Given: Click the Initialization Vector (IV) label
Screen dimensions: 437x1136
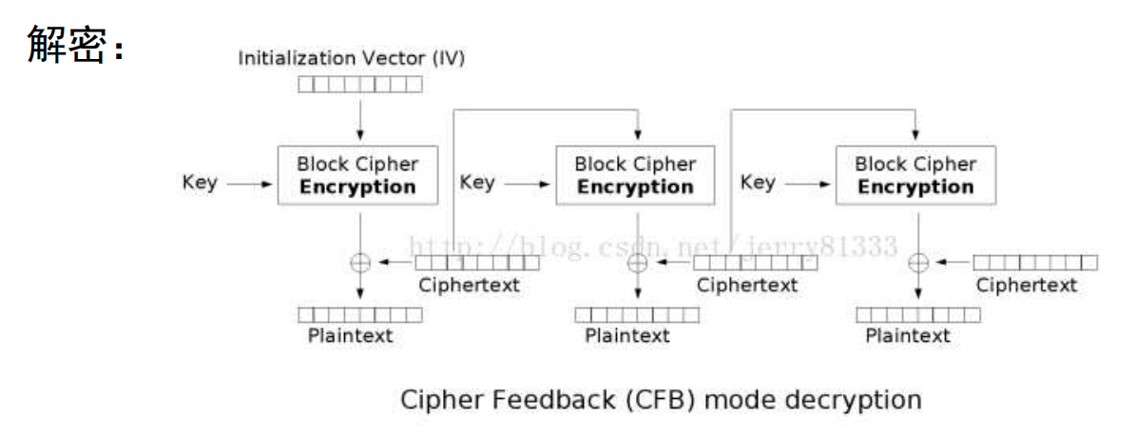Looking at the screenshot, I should click(x=351, y=58).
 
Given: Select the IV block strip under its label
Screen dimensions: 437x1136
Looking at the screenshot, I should click(x=359, y=85).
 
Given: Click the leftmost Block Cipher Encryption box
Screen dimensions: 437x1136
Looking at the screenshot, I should click(x=357, y=175).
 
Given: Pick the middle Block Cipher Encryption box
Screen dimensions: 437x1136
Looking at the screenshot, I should click(x=635, y=175).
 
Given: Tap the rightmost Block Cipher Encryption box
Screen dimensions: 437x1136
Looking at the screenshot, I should click(x=915, y=175).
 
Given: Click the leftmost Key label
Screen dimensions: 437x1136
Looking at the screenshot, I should click(x=200, y=183).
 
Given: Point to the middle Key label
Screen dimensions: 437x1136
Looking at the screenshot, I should click(x=477, y=181).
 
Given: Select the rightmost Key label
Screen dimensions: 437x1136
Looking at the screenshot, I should click(x=757, y=181).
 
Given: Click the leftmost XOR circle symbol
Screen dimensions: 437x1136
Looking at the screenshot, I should click(x=360, y=263).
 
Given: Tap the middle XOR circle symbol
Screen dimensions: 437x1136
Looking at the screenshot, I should click(x=639, y=263).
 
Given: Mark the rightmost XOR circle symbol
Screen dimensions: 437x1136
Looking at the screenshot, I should click(x=918, y=263).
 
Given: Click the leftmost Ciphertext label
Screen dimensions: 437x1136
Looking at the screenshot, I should click(x=470, y=286).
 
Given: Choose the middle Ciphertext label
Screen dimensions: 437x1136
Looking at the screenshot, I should click(x=747, y=285).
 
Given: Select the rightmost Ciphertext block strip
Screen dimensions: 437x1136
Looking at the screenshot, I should click(x=1035, y=262).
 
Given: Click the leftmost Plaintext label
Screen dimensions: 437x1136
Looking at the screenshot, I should click(x=350, y=335).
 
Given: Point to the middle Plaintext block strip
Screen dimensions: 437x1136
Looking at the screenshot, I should click(x=637, y=314).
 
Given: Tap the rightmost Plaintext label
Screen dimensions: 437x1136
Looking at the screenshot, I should click(x=908, y=335).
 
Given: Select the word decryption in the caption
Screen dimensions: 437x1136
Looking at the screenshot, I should click(x=857, y=399).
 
